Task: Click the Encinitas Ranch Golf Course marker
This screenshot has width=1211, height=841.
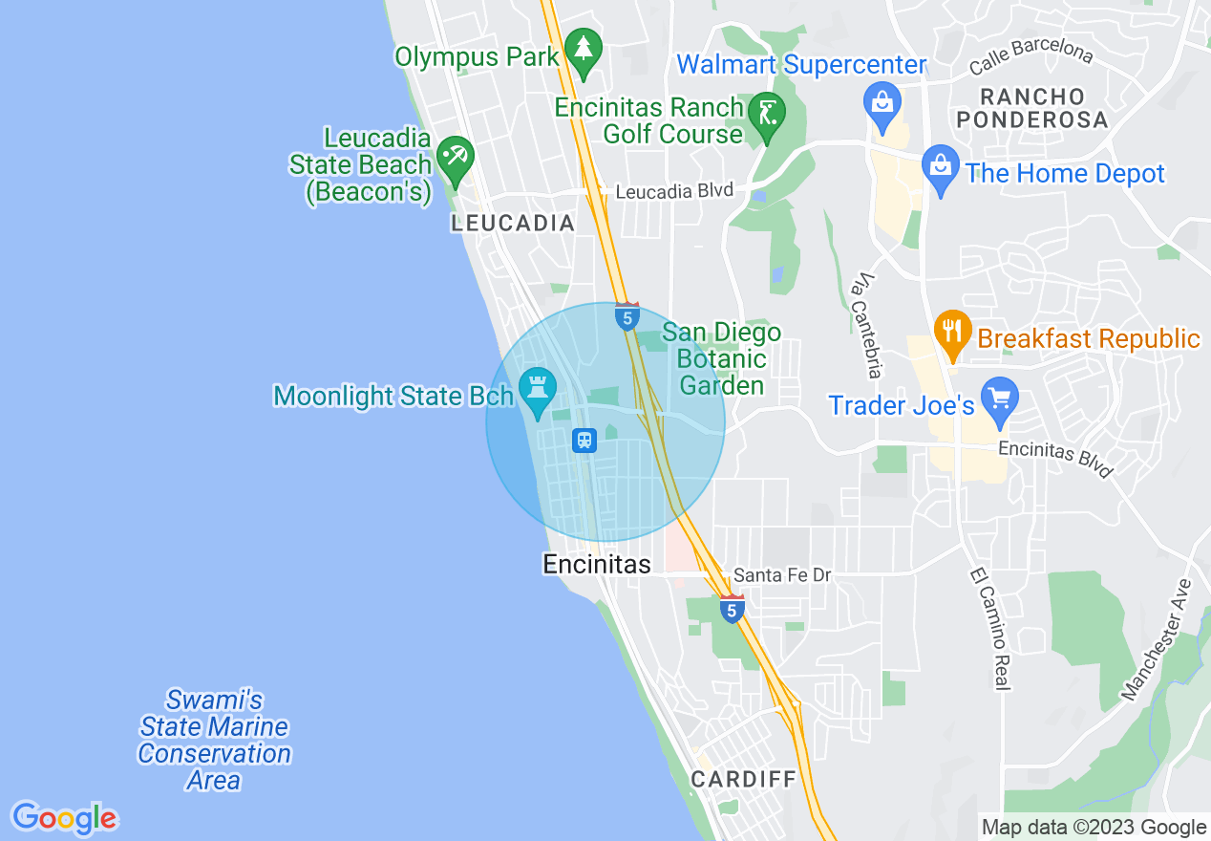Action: [766, 115]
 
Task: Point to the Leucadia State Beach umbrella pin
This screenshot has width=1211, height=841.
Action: [455, 156]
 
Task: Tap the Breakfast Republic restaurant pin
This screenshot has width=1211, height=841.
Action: [952, 332]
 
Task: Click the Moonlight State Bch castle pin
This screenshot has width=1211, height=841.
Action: [537, 390]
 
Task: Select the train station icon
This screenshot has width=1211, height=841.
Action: [584, 441]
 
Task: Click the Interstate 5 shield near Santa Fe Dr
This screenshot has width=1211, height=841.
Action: [732, 609]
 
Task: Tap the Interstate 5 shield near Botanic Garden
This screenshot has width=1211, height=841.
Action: [627, 317]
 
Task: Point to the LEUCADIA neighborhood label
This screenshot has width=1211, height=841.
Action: [513, 224]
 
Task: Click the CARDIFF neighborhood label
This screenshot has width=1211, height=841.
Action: [743, 779]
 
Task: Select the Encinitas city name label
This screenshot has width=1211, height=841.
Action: [597, 565]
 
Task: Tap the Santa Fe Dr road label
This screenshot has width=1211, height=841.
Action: [782, 575]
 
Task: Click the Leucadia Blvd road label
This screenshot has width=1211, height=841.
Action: [673, 191]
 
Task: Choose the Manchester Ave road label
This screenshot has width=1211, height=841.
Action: [1158, 639]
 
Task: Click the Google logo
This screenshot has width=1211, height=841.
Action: [64, 818]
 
